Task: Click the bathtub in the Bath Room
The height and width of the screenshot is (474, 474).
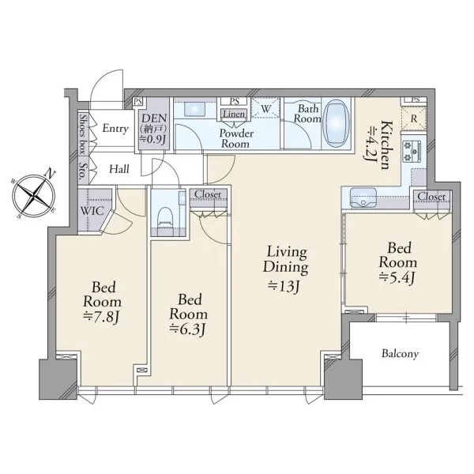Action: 337,123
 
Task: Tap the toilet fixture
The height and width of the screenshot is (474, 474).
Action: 165,218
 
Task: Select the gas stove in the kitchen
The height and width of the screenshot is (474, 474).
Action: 413,151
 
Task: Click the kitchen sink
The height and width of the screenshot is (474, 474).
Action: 363,197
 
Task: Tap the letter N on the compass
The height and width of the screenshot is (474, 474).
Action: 50,174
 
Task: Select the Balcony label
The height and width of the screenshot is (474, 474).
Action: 400,354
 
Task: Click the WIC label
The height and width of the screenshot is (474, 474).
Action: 92,211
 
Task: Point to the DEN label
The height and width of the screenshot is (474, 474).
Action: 154,118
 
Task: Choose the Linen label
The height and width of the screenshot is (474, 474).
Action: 234,114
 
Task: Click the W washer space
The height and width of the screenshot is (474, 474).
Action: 265,108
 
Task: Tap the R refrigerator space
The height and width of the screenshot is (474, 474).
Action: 413,118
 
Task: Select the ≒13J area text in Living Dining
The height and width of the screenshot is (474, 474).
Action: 284,286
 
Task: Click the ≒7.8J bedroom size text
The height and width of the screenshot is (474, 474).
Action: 102,317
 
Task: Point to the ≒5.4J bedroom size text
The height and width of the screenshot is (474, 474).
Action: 397,277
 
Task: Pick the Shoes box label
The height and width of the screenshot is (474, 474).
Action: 83,134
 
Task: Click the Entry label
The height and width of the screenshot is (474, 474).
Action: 115,129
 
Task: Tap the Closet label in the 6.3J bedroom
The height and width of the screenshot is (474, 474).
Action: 208,194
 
